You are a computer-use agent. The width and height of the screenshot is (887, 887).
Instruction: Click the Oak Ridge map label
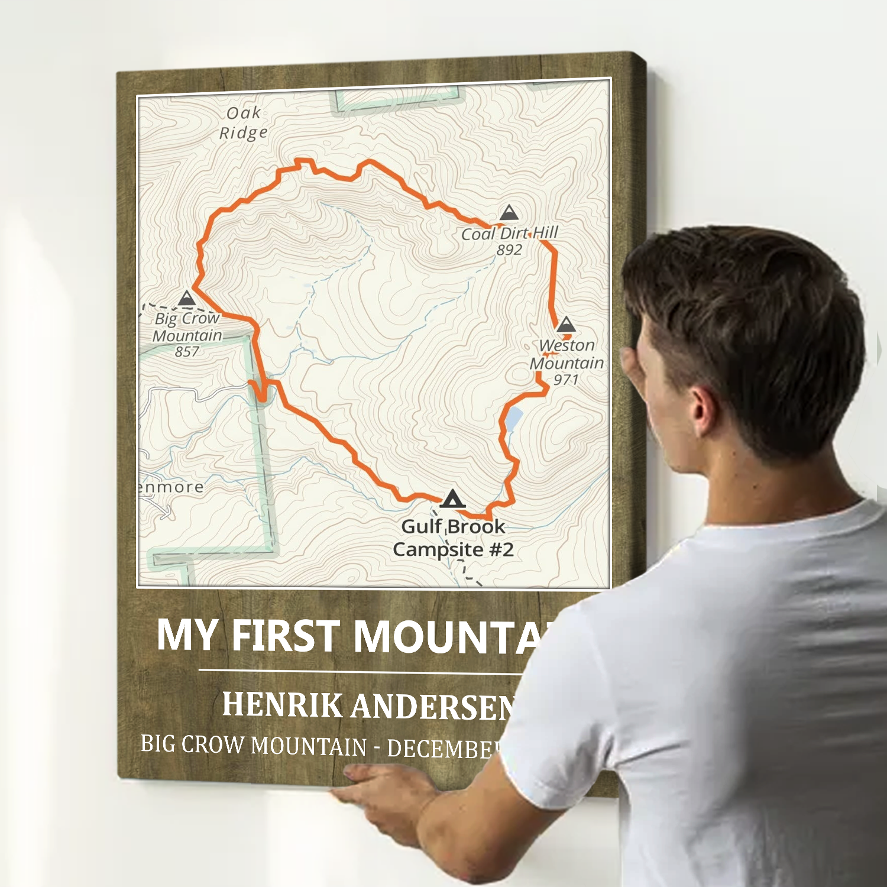pos(243,123)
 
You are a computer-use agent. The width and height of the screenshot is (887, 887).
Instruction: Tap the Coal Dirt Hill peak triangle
pos(509,213)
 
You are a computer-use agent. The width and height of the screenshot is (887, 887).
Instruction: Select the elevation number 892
pos(509,250)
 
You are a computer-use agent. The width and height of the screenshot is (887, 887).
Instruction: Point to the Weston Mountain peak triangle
pos(566,325)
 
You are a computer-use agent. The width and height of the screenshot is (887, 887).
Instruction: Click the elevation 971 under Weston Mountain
pos(565,379)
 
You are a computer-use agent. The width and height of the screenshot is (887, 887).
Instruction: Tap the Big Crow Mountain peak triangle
pos(187,298)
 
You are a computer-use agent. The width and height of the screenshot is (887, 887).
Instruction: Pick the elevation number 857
pos(187,352)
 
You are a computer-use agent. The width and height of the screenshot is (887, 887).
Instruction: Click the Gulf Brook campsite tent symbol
pos(452,500)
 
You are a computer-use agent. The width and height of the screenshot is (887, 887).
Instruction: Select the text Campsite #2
pos(453,549)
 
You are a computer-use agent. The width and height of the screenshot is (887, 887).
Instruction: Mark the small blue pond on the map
pos(512,419)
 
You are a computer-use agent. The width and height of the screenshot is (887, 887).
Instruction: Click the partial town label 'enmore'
pos(171,487)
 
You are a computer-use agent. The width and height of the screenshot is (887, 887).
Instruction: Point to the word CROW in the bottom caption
pos(212,744)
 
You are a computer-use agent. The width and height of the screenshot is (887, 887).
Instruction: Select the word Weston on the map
pos(566,345)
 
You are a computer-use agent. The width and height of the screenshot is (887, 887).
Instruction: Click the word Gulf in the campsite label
pos(422,526)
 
